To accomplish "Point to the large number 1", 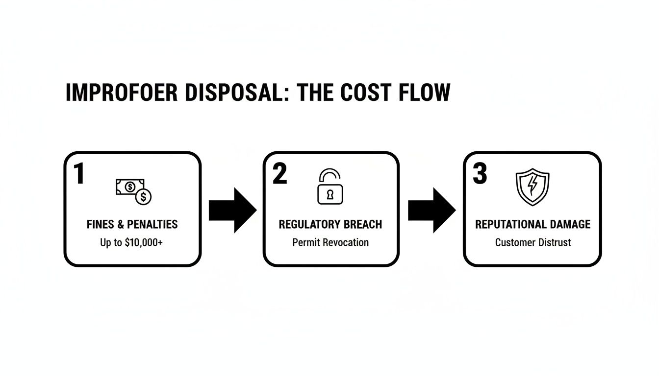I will click(78, 174).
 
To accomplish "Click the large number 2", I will click(279, 174).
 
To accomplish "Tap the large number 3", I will click(480, 174).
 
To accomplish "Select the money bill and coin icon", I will click(133, 191).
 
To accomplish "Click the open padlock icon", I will click(330, 187).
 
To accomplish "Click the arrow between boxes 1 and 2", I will click(232, 210).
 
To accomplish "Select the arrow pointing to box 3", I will click(431, 210).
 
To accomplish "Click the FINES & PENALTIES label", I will click(132, 225).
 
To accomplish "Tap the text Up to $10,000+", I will click(131, 242).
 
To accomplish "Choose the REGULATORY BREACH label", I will click(330, 225).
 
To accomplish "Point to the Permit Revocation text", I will click(330, 242).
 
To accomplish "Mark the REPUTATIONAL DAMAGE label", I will click(532, 225).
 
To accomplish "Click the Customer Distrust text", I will click(532, 242).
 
